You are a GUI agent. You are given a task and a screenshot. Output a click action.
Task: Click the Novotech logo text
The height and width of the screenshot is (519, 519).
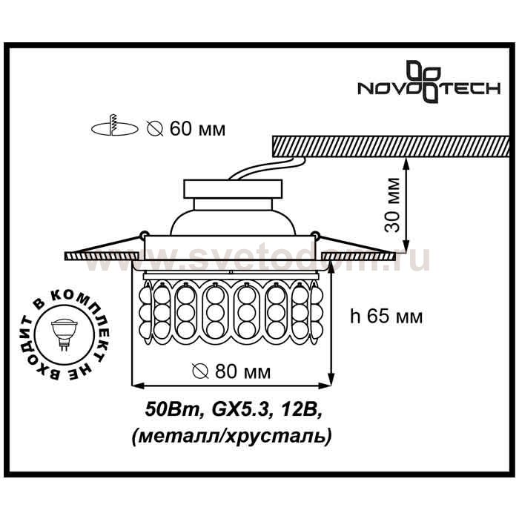tap(429, 89)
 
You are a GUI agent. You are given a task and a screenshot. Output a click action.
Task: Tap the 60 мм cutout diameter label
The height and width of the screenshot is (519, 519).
tap(198, 129)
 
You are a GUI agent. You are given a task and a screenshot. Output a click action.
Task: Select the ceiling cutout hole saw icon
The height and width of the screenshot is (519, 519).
tap(114, 127)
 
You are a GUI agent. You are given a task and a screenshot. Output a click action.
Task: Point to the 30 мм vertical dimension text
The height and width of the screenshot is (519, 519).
tap(392, 205)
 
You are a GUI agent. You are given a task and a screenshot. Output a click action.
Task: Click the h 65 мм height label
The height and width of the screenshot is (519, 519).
tap(386, 317)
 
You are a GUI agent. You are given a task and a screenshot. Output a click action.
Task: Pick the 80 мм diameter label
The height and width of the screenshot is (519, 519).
tap(243, 371)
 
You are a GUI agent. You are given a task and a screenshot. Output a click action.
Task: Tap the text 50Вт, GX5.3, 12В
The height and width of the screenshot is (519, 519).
tap(234, 411)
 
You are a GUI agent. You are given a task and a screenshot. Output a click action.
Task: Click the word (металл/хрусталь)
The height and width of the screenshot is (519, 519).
tap(231, 437)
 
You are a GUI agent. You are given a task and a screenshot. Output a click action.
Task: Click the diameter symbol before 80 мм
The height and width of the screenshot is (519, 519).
tap(200, 371)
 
